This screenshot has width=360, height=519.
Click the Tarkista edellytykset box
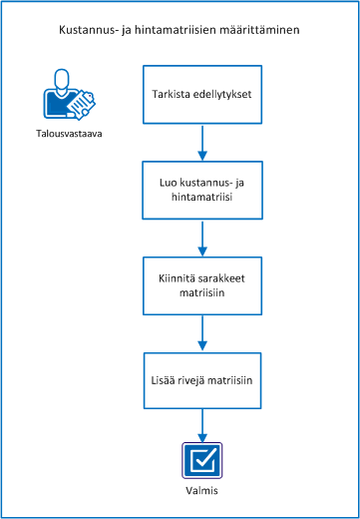pos(203,96)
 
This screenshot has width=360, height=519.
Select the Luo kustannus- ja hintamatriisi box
pos(203,190)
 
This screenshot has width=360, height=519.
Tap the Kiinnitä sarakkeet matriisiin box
pos(203,284)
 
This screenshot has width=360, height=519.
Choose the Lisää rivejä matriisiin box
pos(203,379)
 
